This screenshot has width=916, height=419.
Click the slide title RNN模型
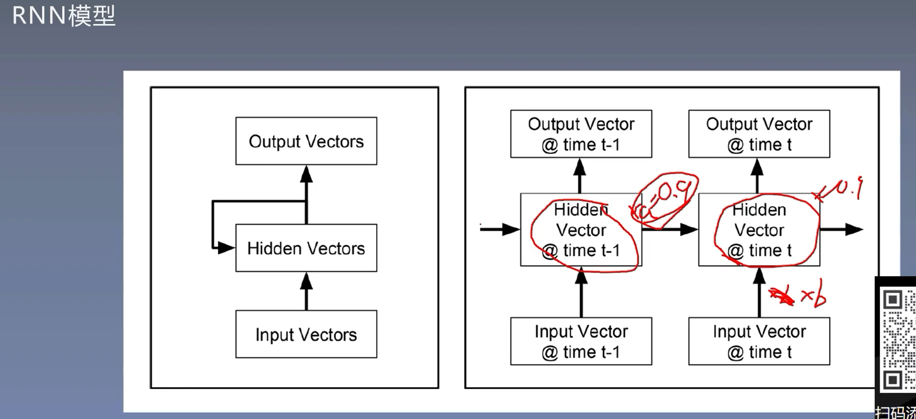(x=64, y=16)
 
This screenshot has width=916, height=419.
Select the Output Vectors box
(x=306, y=141)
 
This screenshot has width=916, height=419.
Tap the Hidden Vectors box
(x=306, y=248)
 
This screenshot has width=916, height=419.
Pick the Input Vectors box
(x=306, y=335)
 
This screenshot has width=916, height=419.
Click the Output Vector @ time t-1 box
(x=581, y=134)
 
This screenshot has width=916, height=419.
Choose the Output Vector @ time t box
(x=759, y=134)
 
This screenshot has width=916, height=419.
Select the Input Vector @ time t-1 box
(x=581, y=341)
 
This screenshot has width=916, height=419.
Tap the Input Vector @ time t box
(x=759, y=341)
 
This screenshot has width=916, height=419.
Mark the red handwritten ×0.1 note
(x=839, y=190)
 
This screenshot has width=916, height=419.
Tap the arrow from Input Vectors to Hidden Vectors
(x=306, y=291)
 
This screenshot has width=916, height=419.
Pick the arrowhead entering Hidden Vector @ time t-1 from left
(x=511, y=229)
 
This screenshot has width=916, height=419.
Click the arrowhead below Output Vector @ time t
(x=757, y=167)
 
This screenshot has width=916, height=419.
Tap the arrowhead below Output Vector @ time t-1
(x=580, y=167)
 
